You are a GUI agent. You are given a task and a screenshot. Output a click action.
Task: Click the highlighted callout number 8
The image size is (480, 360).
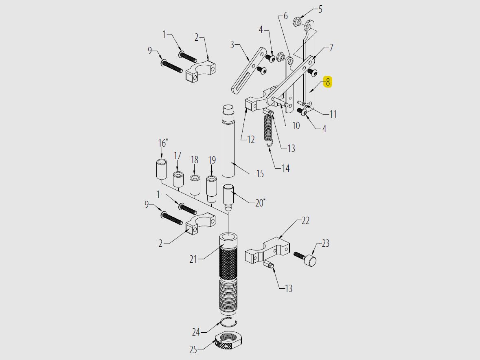(328, 82)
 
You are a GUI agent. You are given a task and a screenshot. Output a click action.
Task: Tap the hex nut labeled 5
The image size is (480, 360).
(298, 22)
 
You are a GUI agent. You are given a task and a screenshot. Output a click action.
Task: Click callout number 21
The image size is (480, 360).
(193, 259)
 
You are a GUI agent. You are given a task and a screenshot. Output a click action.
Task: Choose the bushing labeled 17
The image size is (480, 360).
(178, 180)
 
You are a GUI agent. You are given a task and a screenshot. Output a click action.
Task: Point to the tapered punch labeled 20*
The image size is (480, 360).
(228, 196)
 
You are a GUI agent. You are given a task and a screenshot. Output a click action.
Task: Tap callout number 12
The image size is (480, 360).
(251, 139)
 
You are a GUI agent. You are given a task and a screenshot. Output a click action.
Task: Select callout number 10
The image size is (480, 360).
(296, 125)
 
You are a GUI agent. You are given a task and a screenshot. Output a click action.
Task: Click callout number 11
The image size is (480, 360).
(333, 114)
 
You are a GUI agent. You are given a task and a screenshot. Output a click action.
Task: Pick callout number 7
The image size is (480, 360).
(331, 48)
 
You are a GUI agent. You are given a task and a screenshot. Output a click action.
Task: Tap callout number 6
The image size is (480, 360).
(285, 16)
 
